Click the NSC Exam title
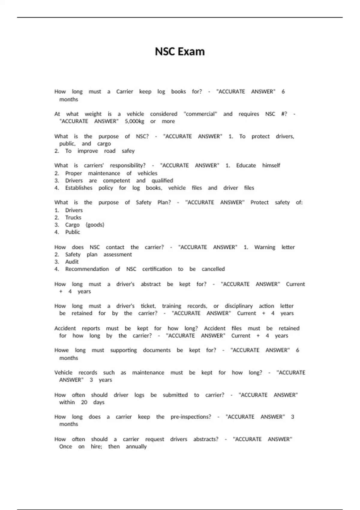(x=180, y=52)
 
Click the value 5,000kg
(x=134, y=121)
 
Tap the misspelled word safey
(x=128, y=151)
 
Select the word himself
(x=271, y=166)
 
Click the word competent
(x=116, y=181)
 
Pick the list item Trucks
(x=73, y=217)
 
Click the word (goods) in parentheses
(x=95, y=225)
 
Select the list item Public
(x=73, y=232)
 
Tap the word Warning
(x=265, y=247)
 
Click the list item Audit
(x=72, y=262)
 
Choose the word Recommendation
(x=87, y=269)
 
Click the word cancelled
(x=213, y=269)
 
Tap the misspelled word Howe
(x=61, y=350)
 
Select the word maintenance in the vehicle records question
(x=148, y=373)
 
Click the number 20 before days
(x=84, y=402)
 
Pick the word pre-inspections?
(x=191, y=417)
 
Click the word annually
(x=136, y=447)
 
